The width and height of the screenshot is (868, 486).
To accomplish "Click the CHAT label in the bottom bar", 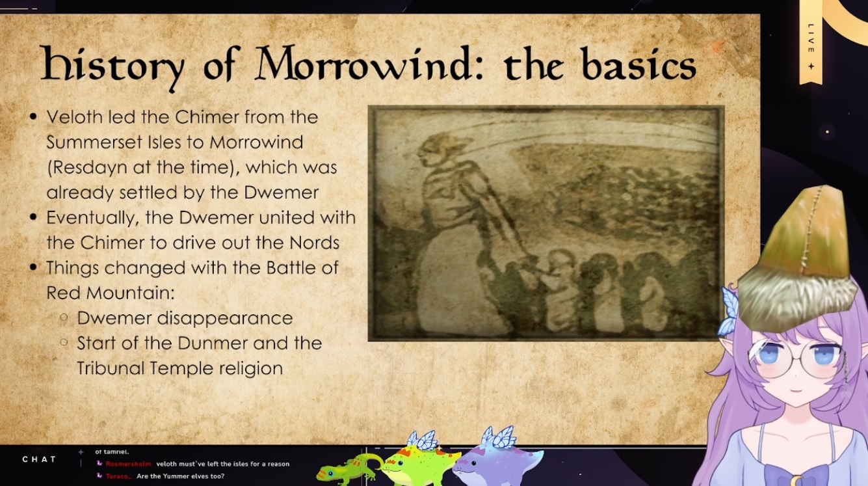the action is point(39,459).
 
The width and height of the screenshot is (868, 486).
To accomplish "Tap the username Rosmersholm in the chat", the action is point(129,464).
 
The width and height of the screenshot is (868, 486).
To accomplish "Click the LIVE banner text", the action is point(811,38).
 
